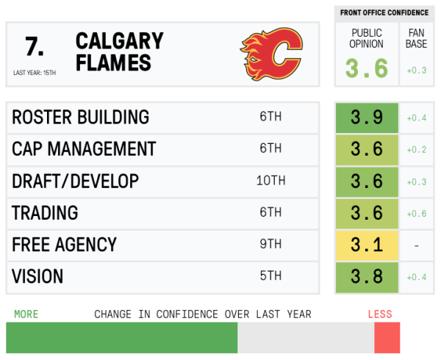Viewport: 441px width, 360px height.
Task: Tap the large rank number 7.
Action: pos(34,46)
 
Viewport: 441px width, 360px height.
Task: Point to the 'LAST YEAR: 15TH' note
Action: pos(35,73)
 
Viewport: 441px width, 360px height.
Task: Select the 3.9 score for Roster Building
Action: pos(367,118)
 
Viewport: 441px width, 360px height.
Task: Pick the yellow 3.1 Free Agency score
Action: pos(367,245)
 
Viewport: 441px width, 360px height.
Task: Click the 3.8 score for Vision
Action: pos(367,276)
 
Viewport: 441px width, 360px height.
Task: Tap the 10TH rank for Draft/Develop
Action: pos(270,181)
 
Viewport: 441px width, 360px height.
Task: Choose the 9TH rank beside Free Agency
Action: pos(270,245)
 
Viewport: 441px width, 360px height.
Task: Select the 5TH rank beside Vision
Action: pos(270,276)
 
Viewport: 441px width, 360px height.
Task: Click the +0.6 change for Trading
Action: pos(417,213)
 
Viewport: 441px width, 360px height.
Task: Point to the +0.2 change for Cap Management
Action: pos(417,149)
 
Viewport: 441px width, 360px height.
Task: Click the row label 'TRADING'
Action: pos(45,213)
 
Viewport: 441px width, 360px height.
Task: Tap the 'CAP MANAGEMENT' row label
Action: pos(84,149)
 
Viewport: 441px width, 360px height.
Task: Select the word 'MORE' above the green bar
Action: pos(26,314)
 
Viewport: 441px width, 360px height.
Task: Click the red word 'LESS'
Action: pos(380,314)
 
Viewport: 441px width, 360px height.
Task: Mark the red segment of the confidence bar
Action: pos(387,338)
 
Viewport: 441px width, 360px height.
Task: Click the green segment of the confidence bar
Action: pos(121,338)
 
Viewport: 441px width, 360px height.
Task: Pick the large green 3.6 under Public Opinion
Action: pos(367,68)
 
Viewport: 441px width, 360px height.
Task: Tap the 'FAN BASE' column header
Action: pos(416,38)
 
